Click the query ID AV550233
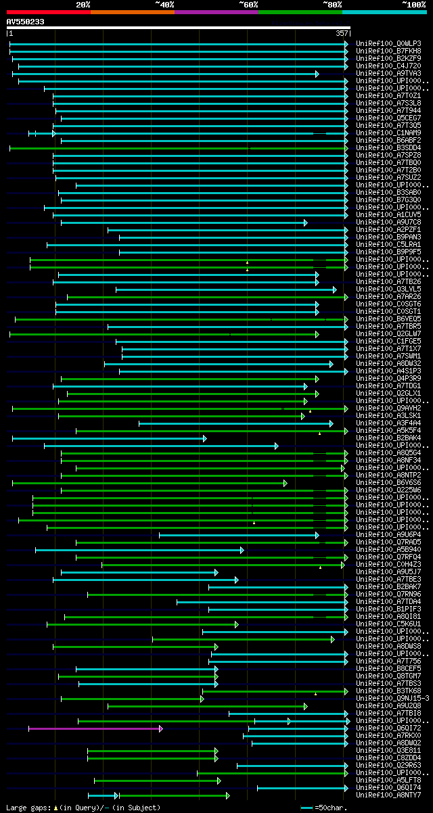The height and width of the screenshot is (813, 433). (26, 22)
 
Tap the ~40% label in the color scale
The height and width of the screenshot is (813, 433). (164, 4)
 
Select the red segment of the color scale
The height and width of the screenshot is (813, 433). (48, 12)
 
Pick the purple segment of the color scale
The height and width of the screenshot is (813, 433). (216, 12)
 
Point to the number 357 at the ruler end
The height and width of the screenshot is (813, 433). (342, 33)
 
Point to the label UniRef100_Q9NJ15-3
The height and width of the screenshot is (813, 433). (392, 699)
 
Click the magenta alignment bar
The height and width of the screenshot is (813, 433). (95, 728)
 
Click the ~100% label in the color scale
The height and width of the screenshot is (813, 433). (413, 4)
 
